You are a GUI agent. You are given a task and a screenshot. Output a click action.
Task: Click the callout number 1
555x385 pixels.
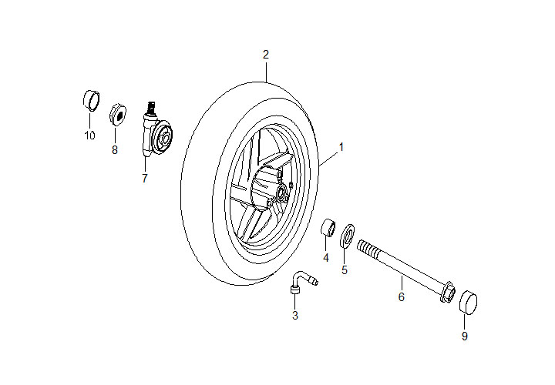pos(341,146)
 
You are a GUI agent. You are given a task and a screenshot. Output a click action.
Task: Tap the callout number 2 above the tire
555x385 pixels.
pos(266,55)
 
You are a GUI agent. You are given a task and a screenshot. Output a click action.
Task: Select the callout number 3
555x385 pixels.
pos(294,315)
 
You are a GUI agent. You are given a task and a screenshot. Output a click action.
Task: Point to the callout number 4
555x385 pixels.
pos(326,258)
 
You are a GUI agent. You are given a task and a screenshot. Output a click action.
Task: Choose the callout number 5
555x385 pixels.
pos(345,269)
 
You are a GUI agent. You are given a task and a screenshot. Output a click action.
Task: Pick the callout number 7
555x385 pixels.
pos(144,179)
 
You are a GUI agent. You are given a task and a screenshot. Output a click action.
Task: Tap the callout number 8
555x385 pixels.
pos(115,150)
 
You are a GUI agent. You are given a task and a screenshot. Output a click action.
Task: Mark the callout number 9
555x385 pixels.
pos(465,336)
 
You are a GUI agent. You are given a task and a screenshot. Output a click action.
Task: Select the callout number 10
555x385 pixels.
pos(90,136)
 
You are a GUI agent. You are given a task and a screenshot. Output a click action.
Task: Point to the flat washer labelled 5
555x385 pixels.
pos(348,233)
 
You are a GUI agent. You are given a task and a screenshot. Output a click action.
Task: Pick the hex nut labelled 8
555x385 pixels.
pos(119,115)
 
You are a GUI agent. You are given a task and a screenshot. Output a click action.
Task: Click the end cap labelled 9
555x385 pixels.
pos(468,303)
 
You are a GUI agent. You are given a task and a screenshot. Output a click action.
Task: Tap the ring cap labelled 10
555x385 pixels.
pos(92,99)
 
